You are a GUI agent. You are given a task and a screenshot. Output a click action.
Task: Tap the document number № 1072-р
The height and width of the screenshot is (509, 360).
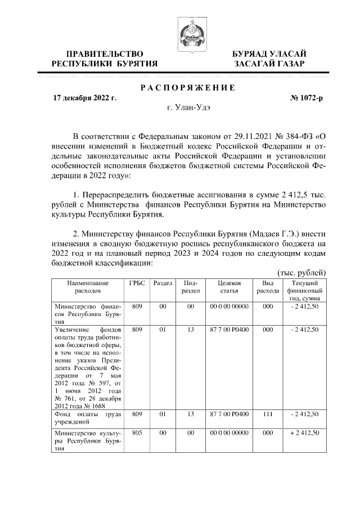(x=307, y=98)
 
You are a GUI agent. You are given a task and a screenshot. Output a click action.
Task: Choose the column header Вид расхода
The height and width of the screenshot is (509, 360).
(x=267, y=287)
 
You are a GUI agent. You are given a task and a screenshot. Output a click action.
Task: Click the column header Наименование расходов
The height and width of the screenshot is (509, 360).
(x=88, y=287)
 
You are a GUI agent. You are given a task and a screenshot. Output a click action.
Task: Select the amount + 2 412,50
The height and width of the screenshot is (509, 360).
(x=304, y=433)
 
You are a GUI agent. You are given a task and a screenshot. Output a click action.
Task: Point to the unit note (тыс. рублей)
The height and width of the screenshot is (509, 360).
(x=302, y=272)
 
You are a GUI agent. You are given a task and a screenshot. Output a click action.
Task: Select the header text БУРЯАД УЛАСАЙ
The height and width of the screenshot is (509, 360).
(x=269, y=53)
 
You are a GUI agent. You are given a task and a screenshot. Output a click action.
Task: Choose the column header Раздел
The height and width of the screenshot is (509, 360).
(x=163, y=283)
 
